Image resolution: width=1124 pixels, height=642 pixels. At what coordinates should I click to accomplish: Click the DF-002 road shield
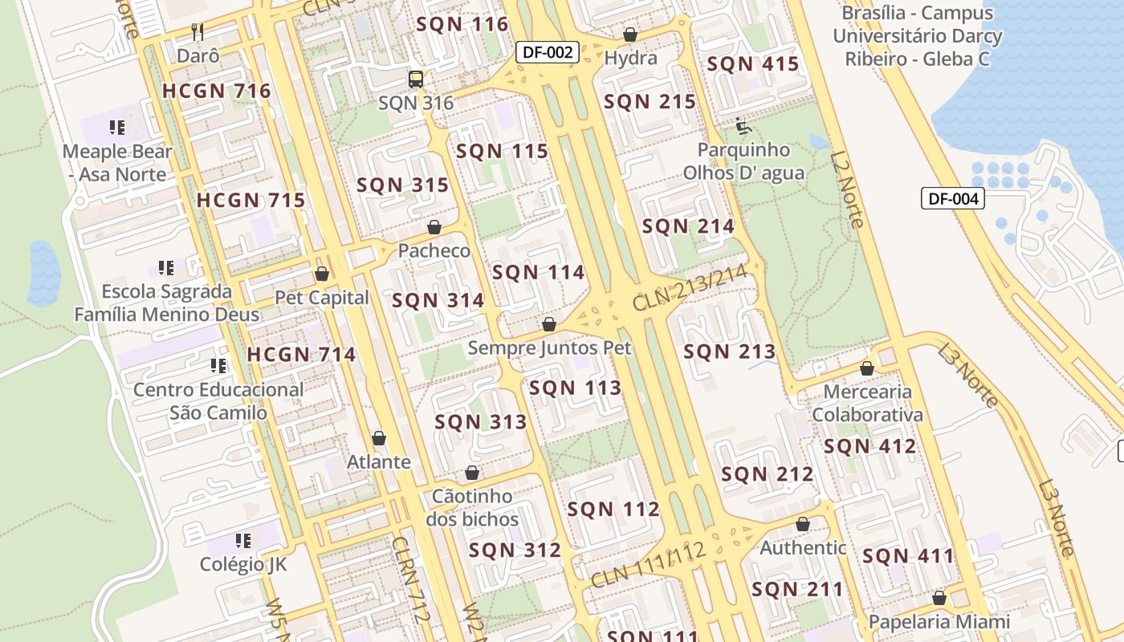coord(548,53)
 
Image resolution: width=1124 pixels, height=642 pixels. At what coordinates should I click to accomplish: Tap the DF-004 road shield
coord(952,198)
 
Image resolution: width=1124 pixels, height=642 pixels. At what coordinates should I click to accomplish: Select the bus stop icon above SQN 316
coord(416,79)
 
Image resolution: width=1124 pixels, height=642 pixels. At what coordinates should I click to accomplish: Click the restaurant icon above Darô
coord(198,32)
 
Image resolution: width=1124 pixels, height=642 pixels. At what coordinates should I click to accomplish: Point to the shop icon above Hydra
coord(630,35)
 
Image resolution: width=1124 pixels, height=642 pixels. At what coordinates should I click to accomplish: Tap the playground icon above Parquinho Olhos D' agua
coord(743,126)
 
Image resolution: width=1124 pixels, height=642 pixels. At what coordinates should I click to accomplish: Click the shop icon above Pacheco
coord(434,227)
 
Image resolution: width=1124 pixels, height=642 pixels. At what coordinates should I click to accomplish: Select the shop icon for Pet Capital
coord(322,274)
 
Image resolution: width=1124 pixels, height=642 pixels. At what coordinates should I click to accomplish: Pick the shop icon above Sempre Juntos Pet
coord(549,324)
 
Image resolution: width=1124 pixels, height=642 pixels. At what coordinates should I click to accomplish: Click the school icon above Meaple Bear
coord(117,128)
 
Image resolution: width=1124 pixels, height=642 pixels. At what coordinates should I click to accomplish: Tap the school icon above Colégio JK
coord(243,540)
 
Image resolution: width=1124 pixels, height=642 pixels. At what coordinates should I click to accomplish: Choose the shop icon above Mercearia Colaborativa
coord(867,368)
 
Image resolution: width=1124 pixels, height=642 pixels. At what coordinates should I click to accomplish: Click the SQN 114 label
coord(539,272)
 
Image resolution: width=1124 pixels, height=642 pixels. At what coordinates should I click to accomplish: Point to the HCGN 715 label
coord(251,200)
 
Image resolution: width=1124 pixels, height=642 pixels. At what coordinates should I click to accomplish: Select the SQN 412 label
coord(869,446)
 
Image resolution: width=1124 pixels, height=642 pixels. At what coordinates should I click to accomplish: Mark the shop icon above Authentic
coord(803,524)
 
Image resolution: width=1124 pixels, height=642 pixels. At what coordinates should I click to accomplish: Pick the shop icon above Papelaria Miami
coord(939,598)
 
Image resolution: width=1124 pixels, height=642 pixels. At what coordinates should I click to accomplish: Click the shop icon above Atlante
coord(379,438)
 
